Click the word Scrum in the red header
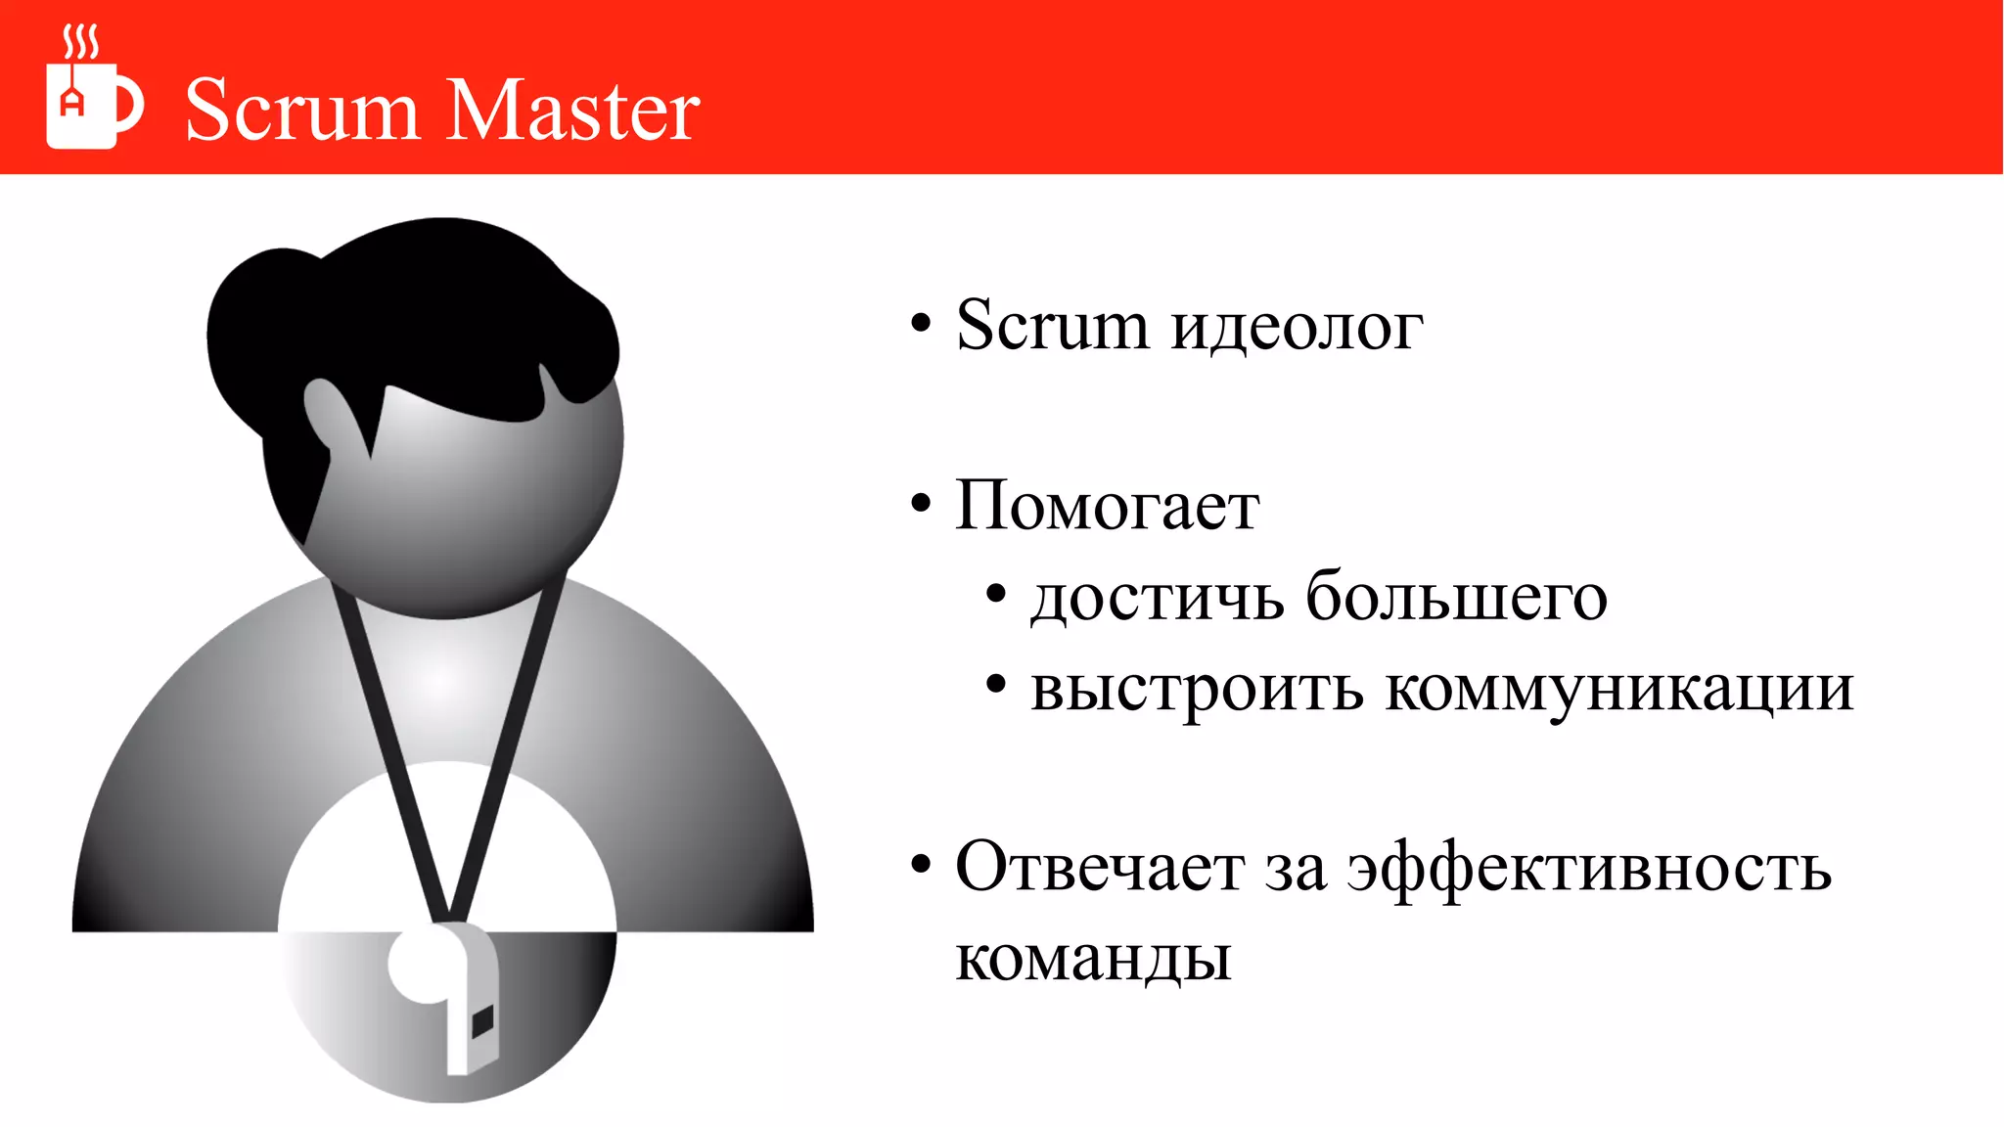click(301, 110)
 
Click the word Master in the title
click(574, 110)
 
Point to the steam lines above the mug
click(80, 42)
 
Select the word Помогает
click(1107, 507)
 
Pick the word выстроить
click(1196, 689)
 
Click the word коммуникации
click(1619, 689)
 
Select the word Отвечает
click(1100, 867)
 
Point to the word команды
click(1093, 959)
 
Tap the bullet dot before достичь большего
click(996, 594)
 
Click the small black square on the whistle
click(482, 1021)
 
